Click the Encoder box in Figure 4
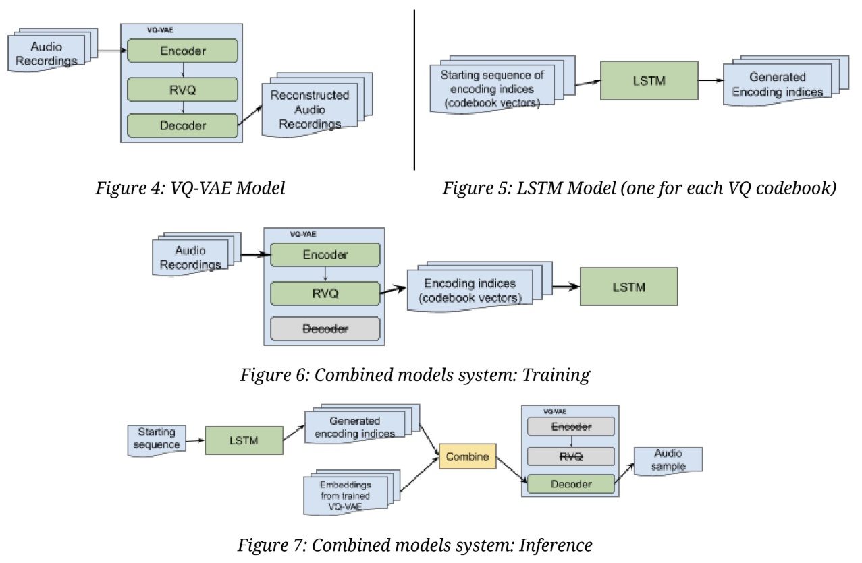(x=182, y=51)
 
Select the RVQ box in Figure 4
(x=182, y=88)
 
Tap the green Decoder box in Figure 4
(x=182, y=125)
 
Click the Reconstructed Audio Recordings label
(x=310, y=109)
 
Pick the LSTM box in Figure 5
(x=649, y=81)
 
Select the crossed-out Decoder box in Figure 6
(x=325, y=328)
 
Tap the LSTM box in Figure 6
(x=628, y=287)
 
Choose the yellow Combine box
(x=468, y=456)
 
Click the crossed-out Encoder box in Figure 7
(x=571, y=426)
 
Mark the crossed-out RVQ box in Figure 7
(x=571, y=456)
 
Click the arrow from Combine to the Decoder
(x=510, y=469)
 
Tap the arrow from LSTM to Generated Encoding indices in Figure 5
(x=710, y=81)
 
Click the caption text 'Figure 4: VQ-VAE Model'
(x=190, y=188)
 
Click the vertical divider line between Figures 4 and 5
(x=414, y=88)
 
